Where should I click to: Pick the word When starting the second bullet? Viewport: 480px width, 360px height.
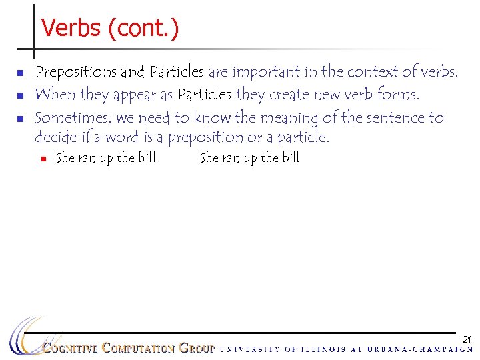tap(55, 95)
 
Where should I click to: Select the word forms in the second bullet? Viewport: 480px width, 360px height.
tap(398, 95)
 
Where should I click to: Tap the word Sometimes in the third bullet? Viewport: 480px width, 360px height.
tap(73, 118)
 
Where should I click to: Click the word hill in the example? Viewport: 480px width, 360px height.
tap(146, 157)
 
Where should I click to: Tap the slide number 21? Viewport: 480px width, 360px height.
tap(467, 339)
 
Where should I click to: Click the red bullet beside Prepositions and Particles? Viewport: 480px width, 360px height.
tap(20, 72)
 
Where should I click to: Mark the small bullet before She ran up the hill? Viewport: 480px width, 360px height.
tap(43, 159)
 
